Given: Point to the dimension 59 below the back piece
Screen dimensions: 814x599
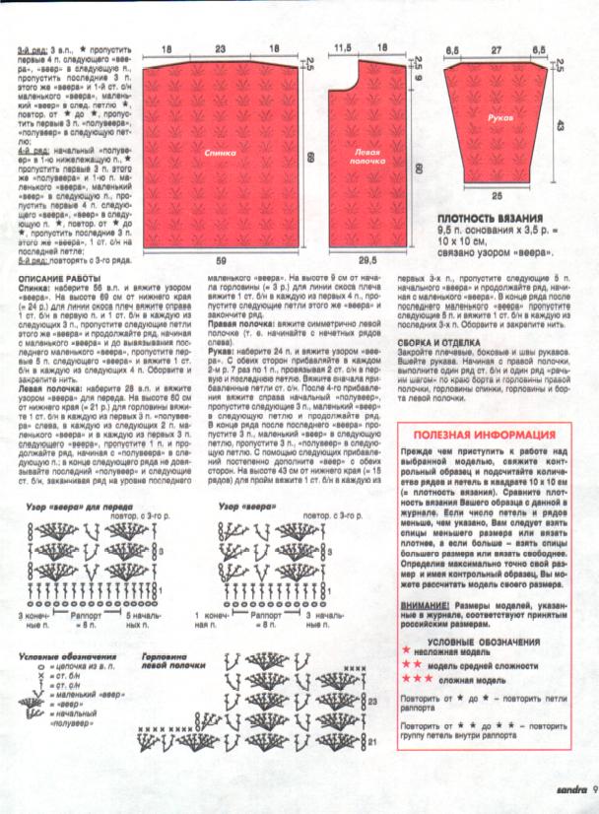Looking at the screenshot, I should pyautogui.click(x=220, y=261).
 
